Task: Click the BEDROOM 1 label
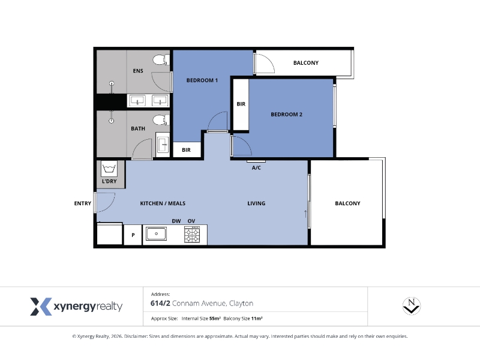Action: pos(202,80)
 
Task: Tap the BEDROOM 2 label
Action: pos(287,115)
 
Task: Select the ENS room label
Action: pos(138,71)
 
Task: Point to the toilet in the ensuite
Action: pos(161,59)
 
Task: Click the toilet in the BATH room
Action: pos(161,120)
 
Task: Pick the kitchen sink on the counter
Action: pos(156,233)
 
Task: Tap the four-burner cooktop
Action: pos(192,235)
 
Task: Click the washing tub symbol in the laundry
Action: pos(109,169)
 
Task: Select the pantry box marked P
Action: pos(133,235)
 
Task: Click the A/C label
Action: pos(256,168)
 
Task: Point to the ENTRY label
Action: pos(83,203)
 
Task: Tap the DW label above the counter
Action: pos(176,221)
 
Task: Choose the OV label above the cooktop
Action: pos(191,221)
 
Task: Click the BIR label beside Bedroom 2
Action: pos(241,104)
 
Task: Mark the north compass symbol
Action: pos(412,306)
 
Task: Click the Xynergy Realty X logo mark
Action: pos(41,307)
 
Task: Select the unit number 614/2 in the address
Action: pos(160,304)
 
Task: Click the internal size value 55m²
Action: pos(215,319)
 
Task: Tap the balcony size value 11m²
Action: pos(257,319)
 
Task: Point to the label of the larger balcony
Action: pos(347,203)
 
